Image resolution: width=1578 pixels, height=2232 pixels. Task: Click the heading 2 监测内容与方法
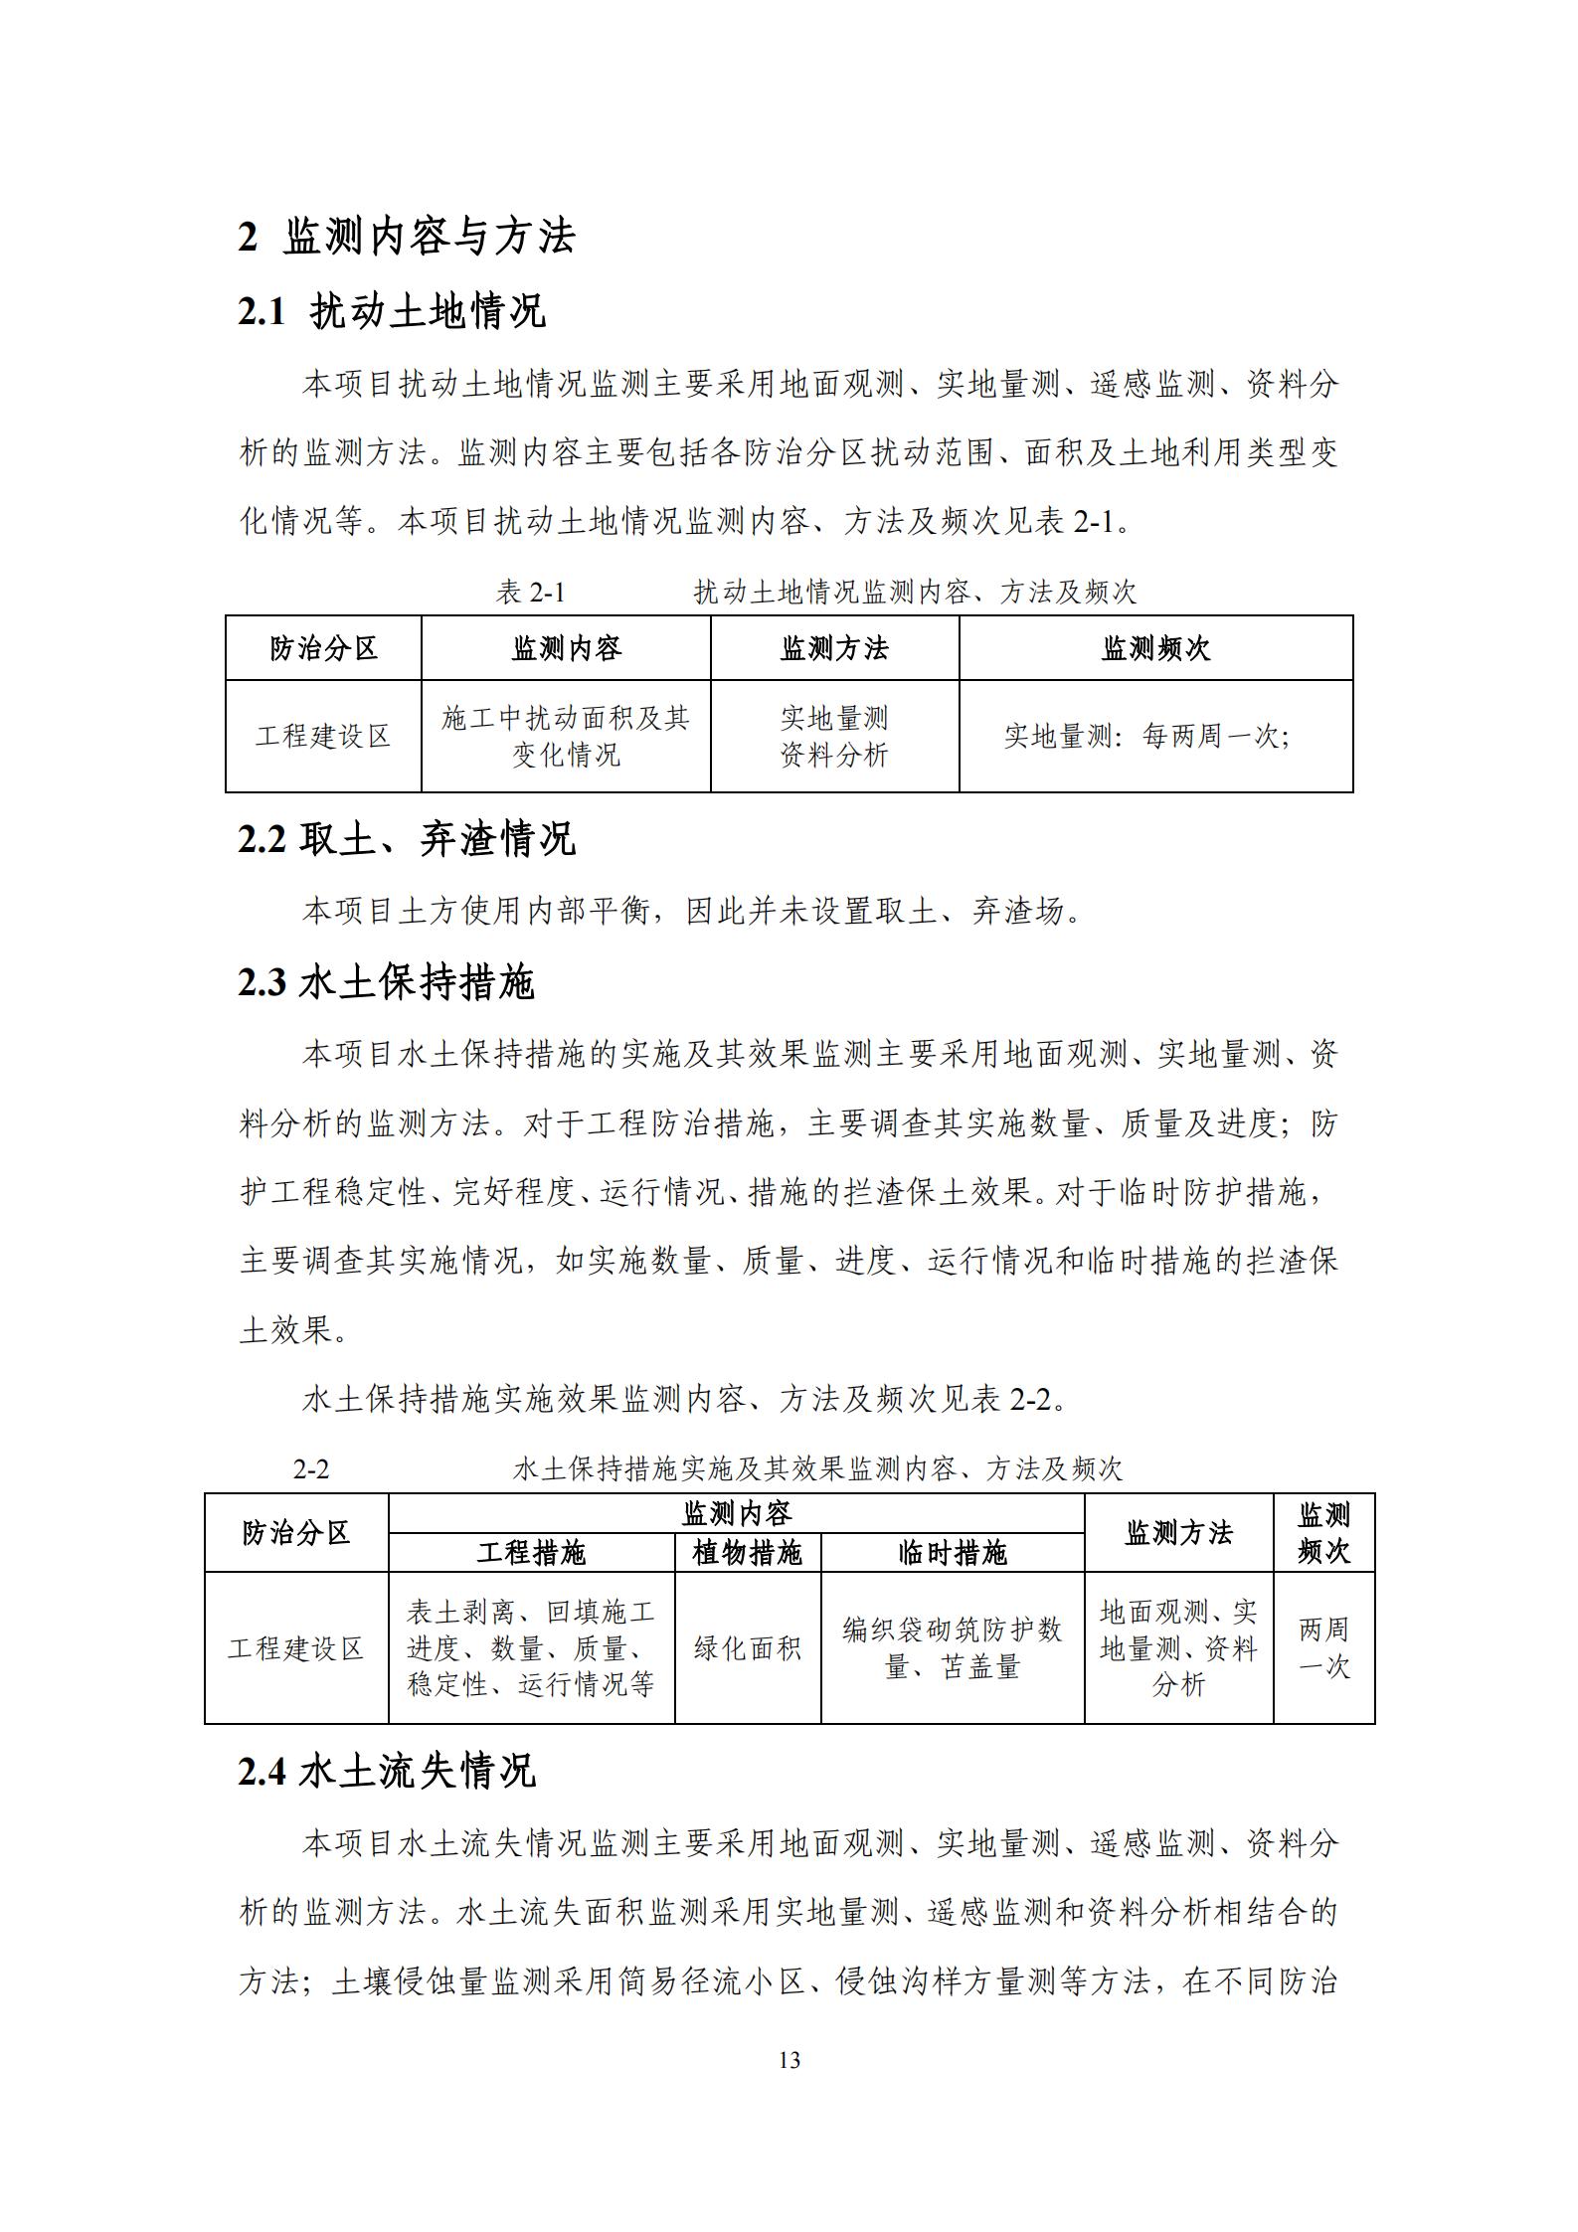coord(407,237)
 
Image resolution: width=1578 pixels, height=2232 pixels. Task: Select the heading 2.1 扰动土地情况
coord(392,311)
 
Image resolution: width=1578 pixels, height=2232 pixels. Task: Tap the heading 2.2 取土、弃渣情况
coord(407,839)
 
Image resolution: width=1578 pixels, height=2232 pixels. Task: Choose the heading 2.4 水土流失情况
coord(387,1771)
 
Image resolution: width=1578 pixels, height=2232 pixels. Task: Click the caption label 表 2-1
coord(530,593)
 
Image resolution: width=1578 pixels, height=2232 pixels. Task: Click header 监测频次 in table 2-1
coord(1155,648)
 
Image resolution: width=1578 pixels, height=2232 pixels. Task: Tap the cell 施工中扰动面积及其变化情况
coord(566,736)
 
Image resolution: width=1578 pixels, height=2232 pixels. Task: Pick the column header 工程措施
coord(532,1553)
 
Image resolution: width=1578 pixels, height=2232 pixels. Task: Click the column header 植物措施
coord(748,1553)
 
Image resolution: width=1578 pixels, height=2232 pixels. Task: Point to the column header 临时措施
coord(953,1553)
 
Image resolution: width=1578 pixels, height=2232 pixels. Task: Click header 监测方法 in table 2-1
coord(834,648)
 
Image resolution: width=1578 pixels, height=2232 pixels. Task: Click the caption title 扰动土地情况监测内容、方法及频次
coord(915,593)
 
